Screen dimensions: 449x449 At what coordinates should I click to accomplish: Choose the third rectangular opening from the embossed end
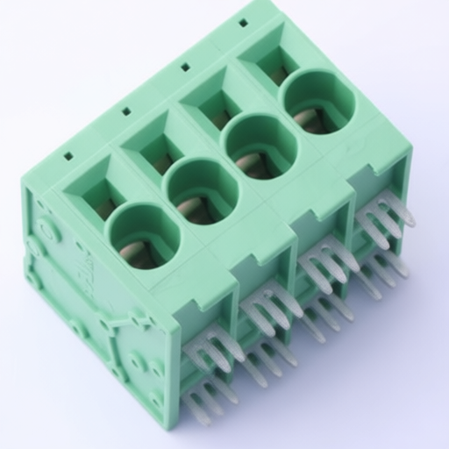[x=214, y=103]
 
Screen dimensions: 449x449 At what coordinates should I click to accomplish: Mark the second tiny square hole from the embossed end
[x=126, y=111]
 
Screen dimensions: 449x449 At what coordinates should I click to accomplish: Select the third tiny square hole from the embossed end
[x=185, y=66]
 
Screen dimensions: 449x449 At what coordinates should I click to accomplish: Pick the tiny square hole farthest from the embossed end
[x=242, y=23]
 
